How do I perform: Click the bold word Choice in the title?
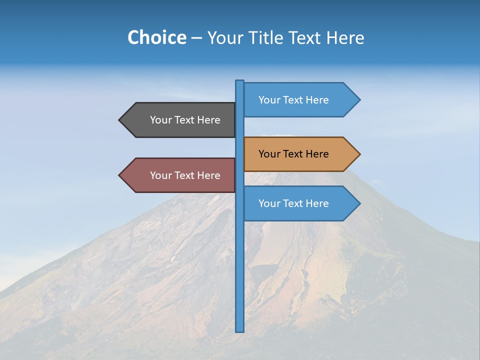[156, 37]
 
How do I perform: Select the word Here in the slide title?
[345, 37]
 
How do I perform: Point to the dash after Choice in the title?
[196, 38]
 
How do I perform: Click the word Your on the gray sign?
[160, 120]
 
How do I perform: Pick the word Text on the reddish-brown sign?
[184, 175]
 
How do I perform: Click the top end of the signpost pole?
[240, 82]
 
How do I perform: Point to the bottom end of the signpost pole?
[240, 330]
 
